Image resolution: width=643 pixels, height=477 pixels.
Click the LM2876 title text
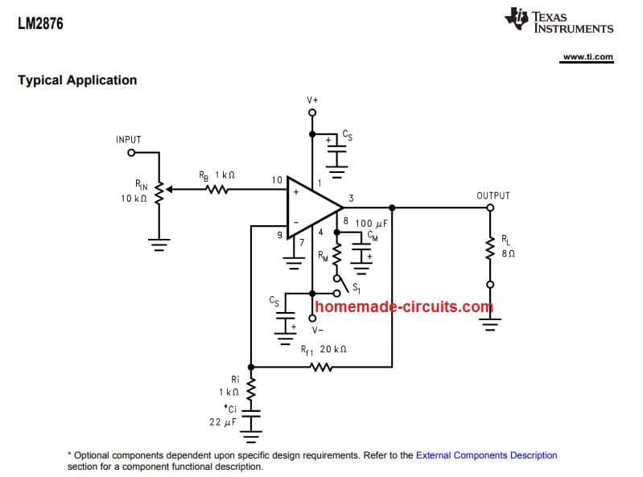40,24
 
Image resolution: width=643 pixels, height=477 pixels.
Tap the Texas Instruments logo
559,22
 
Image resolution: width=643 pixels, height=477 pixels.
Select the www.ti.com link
587,57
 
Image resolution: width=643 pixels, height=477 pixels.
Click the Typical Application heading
77,80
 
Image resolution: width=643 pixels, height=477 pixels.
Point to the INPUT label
128,140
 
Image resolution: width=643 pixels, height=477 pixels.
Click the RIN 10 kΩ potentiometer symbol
159,191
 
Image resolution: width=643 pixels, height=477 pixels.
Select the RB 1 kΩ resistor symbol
217,191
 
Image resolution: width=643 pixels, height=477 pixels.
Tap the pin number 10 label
277,180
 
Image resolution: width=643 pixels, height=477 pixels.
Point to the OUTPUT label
493,195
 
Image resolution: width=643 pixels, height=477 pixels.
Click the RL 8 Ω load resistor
489,245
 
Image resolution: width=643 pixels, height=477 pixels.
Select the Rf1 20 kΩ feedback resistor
321,368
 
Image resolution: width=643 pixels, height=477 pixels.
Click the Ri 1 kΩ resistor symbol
251,391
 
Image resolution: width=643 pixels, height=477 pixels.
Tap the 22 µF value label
222,421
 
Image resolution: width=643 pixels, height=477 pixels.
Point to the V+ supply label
312,100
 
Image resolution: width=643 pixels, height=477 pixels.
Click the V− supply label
318,330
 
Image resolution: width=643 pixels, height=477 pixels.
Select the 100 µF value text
371,223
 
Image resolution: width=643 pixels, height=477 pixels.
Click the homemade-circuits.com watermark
404,306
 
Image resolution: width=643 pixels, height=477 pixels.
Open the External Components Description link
486,455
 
